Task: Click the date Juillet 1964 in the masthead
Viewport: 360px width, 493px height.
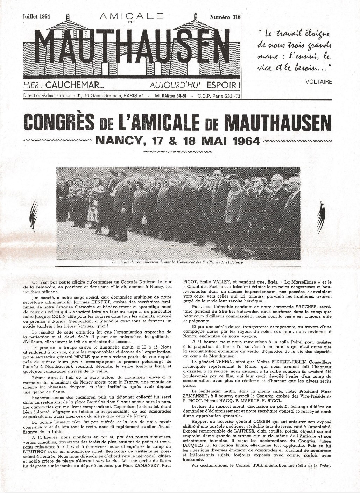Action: coord(36,16)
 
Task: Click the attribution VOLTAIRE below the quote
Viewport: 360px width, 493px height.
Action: coord(318,82)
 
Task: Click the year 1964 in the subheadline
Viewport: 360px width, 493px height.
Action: coord(246,141)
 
